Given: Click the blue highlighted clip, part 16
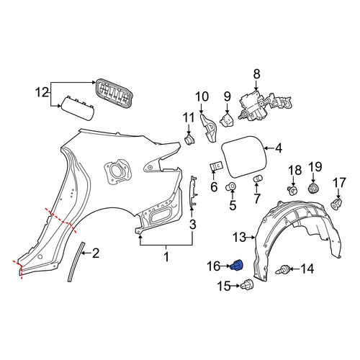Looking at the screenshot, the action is (237, 266).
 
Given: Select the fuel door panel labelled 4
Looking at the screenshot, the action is (243, 157).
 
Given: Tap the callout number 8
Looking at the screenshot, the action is (256, 74).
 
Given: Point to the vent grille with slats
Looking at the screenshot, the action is (114, 93).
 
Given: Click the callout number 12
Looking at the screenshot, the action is (42, 92).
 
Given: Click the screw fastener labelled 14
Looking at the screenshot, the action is (282, 269).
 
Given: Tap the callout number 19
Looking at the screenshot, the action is (315, 167).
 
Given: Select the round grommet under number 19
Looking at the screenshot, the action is (313, 188).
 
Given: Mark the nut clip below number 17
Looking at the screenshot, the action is (336, 204).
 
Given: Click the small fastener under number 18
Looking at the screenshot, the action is (293, 190).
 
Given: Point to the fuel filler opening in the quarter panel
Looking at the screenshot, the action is (117, 171).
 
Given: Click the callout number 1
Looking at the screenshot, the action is (166, 257).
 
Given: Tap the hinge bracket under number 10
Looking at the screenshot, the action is (208, 128).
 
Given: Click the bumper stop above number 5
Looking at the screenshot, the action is (230, 186).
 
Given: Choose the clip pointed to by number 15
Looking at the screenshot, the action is (247, 285).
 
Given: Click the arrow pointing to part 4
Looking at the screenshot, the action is (269, 148).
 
